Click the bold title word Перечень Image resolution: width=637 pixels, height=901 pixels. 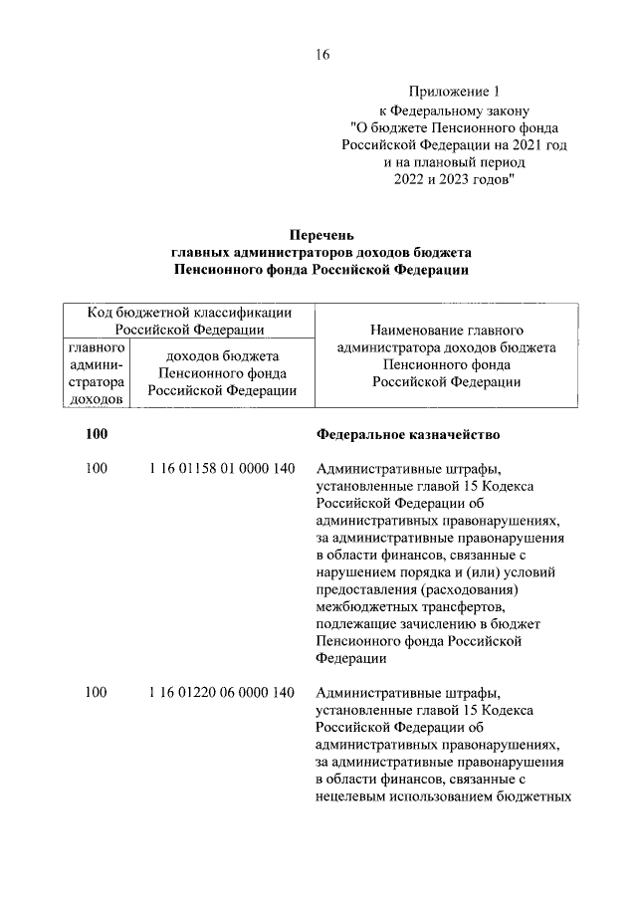(x=320, y=235)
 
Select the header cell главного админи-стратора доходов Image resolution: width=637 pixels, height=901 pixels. (x=97, y=374)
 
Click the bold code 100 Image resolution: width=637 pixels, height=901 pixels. (x=96, y=434)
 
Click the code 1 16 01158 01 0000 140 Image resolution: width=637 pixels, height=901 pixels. (x=220, y=468)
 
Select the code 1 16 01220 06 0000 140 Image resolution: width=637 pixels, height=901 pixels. (x=220, y=692)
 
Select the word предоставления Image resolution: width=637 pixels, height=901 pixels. (x=361, y=588)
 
